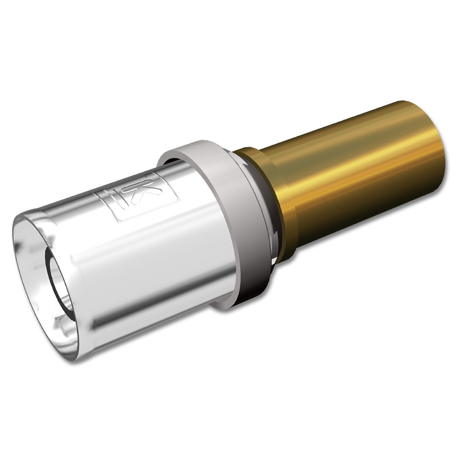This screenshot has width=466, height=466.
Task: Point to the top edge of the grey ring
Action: pyautogui.click(x=189, y=145)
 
